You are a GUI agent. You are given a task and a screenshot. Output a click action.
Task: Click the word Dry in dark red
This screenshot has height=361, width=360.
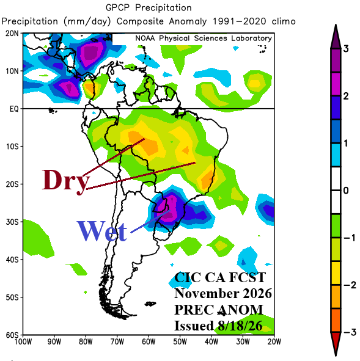coord(66,182)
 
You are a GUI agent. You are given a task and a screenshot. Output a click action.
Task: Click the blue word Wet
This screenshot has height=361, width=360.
coord(101,231)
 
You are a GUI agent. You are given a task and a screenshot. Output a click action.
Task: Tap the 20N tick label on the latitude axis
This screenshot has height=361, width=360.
coord(12,34)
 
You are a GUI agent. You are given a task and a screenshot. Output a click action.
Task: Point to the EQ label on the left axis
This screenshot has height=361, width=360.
coord(14,109)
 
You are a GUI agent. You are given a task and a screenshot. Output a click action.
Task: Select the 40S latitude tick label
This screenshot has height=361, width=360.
coord(12,260)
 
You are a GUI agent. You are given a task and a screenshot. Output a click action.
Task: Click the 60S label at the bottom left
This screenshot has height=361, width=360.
coord(12,335)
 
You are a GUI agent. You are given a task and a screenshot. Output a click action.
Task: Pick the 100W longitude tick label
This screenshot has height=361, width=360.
coord(23,342)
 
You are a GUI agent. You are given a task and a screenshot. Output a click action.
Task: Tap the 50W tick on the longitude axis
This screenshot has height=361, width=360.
coord(180,342)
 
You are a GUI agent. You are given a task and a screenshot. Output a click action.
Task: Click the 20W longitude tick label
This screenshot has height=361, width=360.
coord(274,342)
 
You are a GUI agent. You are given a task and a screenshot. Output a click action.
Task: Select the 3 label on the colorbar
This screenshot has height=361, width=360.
coord(346,49)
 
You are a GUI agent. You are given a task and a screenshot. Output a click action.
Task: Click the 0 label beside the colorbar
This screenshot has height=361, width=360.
coord(346,191)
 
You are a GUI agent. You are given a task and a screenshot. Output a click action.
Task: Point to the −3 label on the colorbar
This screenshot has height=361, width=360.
coord(350,332)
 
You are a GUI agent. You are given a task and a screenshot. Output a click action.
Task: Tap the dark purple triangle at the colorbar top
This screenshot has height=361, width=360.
coord(336,38)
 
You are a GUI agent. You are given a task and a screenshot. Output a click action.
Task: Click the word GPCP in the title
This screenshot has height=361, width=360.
coord(117,8)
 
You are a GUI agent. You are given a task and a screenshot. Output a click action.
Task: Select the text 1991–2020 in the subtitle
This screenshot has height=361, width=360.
coord(240,21)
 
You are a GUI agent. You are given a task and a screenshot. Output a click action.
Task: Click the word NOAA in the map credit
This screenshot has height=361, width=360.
coord(145,38)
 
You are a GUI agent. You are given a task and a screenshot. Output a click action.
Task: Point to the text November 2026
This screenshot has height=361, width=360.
coord(223,294)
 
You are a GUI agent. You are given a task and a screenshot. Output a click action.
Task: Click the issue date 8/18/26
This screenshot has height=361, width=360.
coord(240,326)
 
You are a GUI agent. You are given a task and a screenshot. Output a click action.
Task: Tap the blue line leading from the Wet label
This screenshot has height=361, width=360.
coord(150,221)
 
